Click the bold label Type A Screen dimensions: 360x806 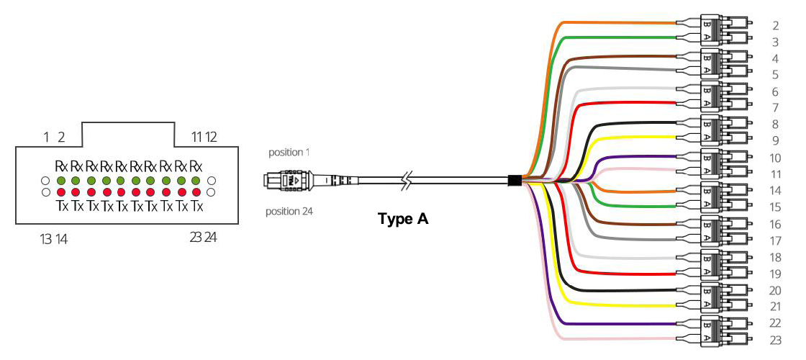tap(403, 219)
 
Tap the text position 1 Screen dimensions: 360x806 tap(290, 153)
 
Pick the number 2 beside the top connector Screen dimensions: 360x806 tap(774, 25)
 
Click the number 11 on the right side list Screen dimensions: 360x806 tap(774, 174)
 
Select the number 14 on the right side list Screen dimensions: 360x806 tap(774, 191)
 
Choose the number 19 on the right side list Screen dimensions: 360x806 tap(774, 274)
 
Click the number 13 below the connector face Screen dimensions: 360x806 tap(45, 238)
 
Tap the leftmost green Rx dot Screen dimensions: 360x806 tap(61, 180)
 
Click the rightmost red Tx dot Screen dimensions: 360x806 tap(196, 193)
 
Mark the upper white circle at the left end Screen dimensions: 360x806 tap(45, 180)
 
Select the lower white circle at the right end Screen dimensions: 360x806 tap(211, 193)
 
